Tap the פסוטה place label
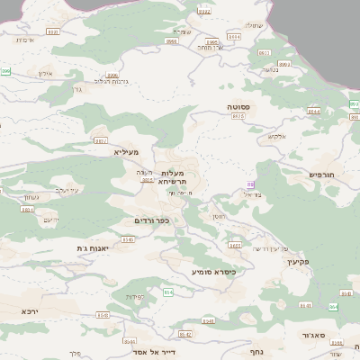click(x=238, y=106)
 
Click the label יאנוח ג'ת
click(x=93, y=247)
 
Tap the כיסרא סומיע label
click(x=214, y=271)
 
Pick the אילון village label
click(x=46, y=73)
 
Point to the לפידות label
click(x=136, y=296)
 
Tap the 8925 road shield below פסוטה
click(x=238, y=116)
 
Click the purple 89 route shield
click(x=251, y=184)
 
